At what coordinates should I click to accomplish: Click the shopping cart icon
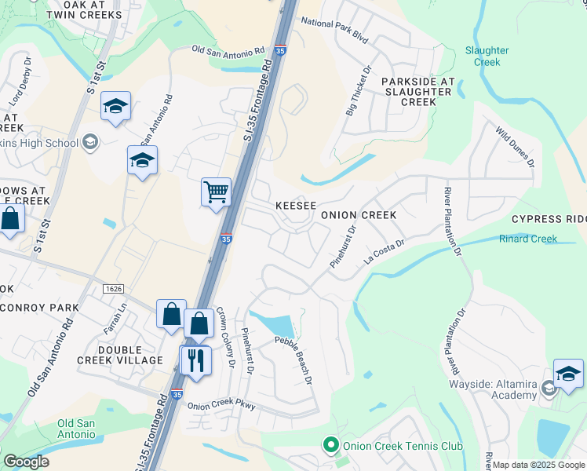216,191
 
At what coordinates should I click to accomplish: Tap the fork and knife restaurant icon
195,360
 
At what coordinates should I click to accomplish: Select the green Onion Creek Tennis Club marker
331,446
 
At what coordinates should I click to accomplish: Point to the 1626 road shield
113,289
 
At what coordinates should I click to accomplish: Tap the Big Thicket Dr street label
356,93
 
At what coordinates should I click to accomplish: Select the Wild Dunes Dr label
514,147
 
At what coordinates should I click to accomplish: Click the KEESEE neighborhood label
296,206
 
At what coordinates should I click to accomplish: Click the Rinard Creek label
528,239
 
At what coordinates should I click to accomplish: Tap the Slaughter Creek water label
487,56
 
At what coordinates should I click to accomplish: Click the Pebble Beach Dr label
293,360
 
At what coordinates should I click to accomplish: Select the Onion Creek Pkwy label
222,406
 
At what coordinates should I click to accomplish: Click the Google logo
27,462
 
